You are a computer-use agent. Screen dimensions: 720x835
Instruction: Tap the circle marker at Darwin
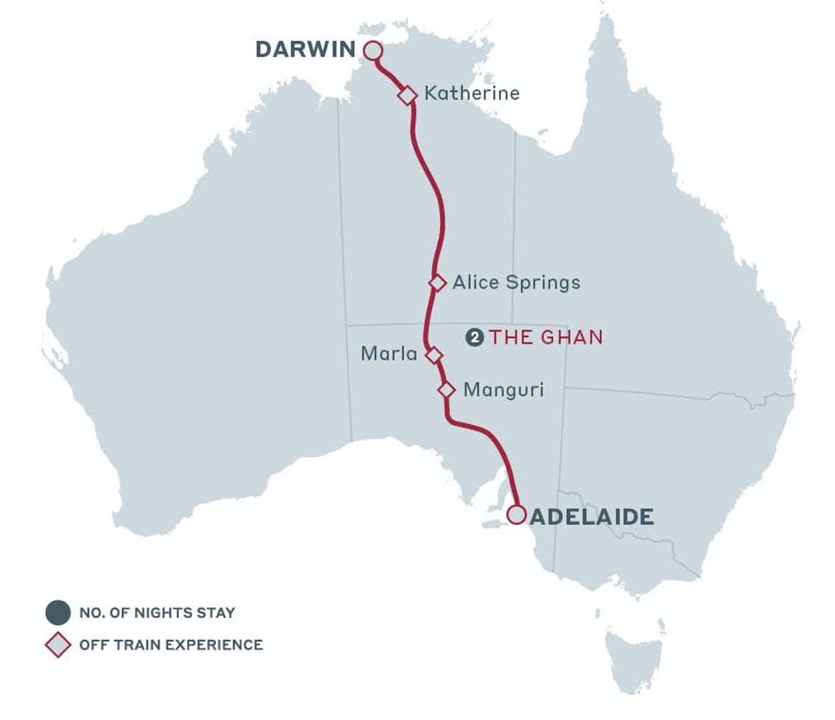point(373,50)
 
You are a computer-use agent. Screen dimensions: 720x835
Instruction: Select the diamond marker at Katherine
point(407,95)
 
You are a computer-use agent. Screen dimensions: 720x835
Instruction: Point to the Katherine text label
point(471,94)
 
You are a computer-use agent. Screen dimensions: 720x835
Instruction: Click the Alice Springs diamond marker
point(438,283)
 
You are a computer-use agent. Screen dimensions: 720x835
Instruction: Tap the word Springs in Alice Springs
point(543,283)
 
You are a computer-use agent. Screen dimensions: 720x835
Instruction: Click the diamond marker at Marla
point(434,356)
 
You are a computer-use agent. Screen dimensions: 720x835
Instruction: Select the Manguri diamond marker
point(446,390)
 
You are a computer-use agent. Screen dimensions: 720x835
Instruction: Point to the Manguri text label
point(503,390)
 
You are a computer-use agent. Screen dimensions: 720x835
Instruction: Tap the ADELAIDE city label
point(592,516)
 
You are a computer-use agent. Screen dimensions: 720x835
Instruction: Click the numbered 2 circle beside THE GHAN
point(474,338)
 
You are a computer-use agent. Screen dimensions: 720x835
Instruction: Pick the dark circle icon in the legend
point(58,613)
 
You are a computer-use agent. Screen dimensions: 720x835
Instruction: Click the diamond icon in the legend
point(58,644)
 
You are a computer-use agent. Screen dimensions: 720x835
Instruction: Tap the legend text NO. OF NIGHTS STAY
point(157,613)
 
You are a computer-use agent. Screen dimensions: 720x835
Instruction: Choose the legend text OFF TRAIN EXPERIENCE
point(171,644)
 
